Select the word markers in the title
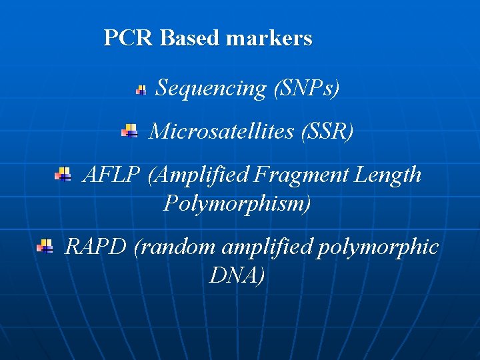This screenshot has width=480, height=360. (269, 38)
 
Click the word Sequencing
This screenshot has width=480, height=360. (211, 88)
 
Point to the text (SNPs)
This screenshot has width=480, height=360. (307, 88)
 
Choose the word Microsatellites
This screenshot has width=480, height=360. (222, 131)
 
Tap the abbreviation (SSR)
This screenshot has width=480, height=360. (327, 131)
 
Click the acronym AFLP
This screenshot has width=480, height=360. (111, 175)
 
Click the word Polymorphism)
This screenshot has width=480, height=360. (237, 203)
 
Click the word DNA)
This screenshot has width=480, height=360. (237, 275)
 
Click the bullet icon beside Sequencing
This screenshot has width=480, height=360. (141, 89)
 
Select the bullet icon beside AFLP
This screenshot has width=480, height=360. (63, 175)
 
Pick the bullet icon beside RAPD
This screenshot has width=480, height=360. (45, 247)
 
